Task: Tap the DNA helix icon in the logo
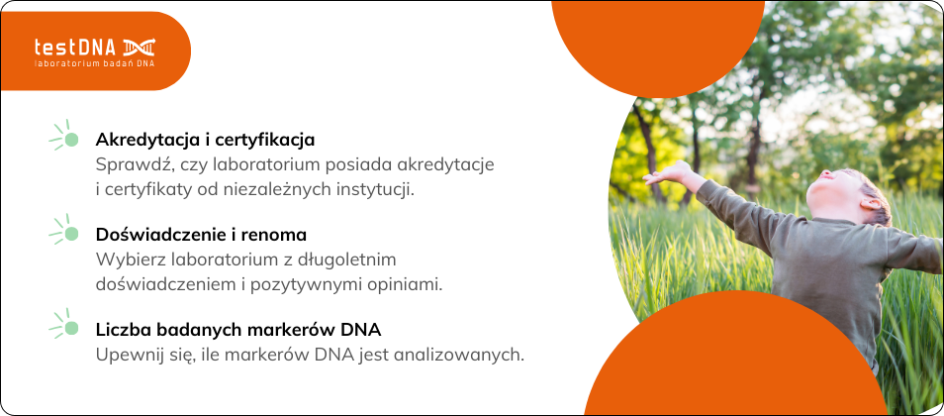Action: [x=140, y=47]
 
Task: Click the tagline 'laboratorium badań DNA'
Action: [x=95, y=63]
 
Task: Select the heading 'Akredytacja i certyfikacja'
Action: [x=205, y=140]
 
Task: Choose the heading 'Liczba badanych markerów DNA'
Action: [x=238, y=330]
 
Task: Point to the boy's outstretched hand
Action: [x=667, y=173]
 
